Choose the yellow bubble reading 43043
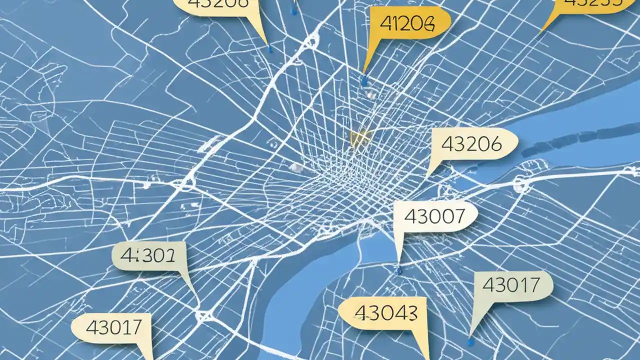point(385,313)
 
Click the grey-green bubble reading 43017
point(511,285)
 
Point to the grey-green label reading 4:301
point(149,256)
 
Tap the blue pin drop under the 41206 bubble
point(363,80)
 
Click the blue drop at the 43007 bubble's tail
point(398,270)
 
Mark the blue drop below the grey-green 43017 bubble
point(470,342)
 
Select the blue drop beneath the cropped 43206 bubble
point(270,49)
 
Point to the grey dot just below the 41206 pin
point(370,93)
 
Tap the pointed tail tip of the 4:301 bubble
point(195,295)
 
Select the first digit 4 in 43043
point(360,313)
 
